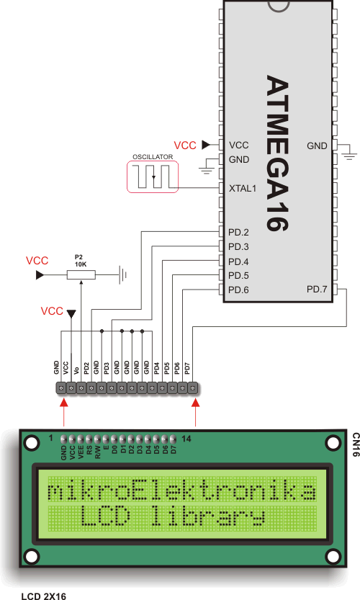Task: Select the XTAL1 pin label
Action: pos(243,189)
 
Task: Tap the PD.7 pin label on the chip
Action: pos(317,290)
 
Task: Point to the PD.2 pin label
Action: pos(238,233)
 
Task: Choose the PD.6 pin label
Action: pos(238,290)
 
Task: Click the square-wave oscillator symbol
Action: pos(153,177)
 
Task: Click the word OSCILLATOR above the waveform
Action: pos(152,156)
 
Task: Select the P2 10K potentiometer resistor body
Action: pos(81,274)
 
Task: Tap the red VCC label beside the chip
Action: pos(186,145)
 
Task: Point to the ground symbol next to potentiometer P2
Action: pos(124,274)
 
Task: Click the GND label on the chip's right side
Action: pos(317,145)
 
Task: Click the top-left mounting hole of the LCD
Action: pos(31,441)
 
